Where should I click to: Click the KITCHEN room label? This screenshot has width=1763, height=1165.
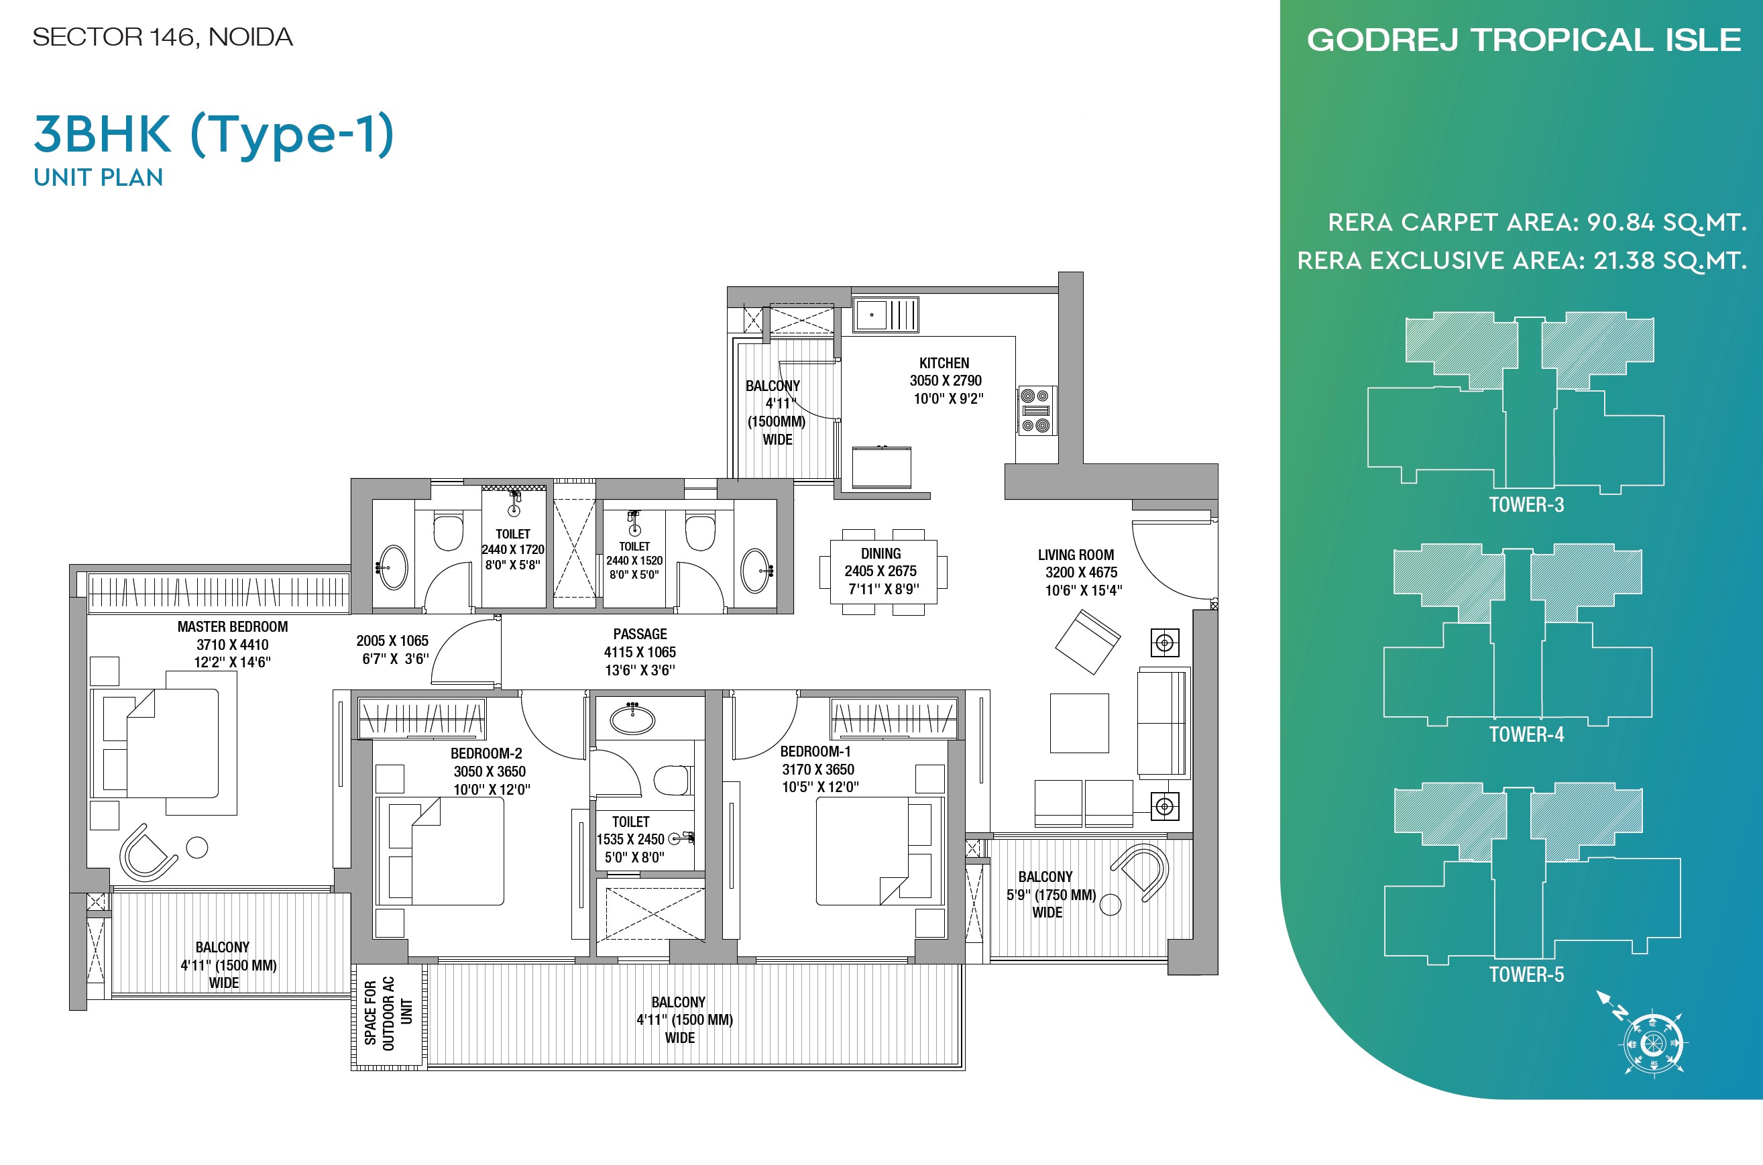point(944,364)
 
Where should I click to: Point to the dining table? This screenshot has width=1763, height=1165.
point(881,571)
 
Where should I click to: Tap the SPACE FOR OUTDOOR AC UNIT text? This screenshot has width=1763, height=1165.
point(388,1013)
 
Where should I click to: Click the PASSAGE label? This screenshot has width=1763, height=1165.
point(640,634)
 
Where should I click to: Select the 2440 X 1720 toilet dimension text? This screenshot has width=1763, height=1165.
point(512,550)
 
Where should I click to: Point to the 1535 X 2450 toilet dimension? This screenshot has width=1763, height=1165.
point(630,840)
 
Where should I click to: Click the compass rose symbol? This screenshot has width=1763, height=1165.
point(1652,1043)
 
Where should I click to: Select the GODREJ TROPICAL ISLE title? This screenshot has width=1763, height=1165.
point(1524,40)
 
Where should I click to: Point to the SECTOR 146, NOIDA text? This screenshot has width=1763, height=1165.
point(163,37)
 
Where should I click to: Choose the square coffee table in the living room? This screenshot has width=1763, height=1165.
point(1079,723)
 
